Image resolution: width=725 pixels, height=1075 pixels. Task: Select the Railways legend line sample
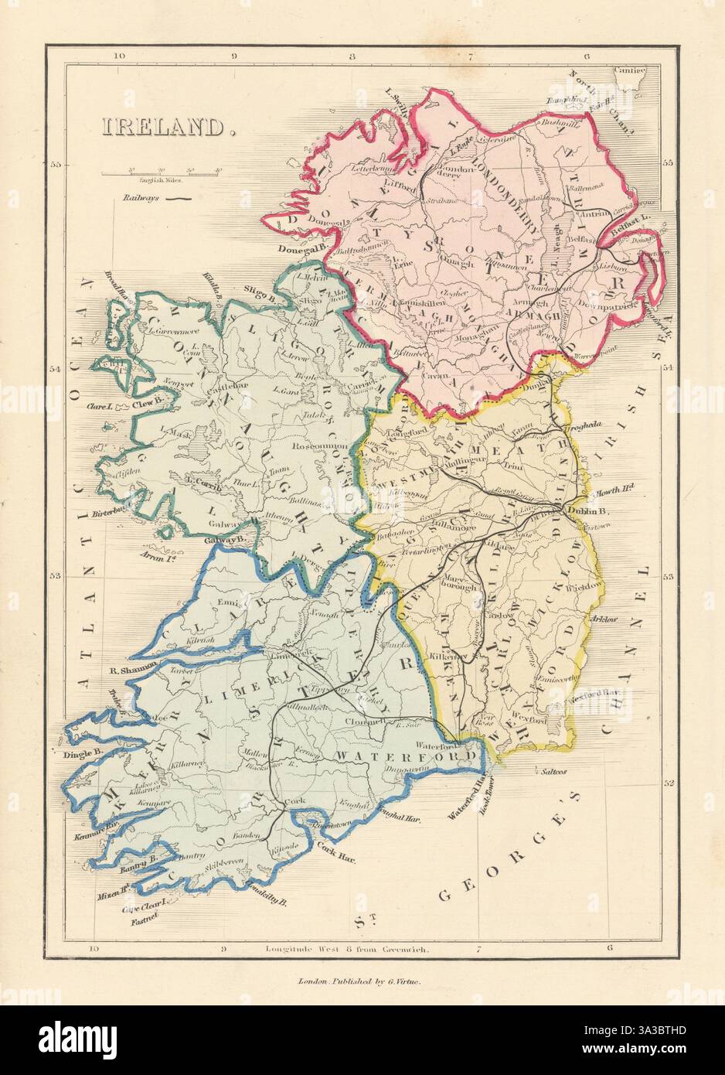click(x=179, y=199)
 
